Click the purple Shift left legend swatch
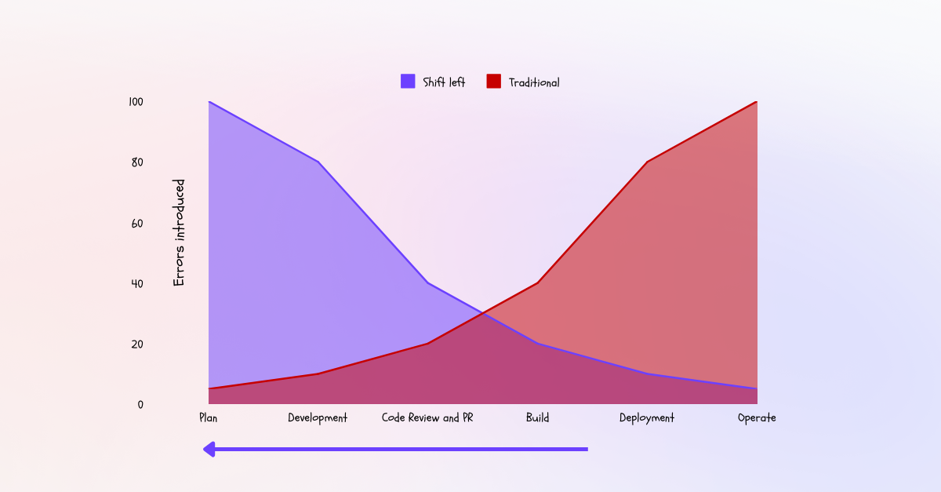[408, 81]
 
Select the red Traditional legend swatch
[493, 81]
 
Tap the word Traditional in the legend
[534, 82]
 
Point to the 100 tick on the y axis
[136, 102]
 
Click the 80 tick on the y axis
[137, 162]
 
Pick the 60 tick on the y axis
[137, 223]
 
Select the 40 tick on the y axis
[137, 283]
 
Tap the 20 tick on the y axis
[137, 344]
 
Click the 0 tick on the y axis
[140, 405]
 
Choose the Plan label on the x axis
[208, 417]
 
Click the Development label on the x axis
[318, 417]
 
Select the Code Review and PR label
[427, 417]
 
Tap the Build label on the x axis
[537, 417]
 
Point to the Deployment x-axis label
[647, 417]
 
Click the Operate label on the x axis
[757, 417]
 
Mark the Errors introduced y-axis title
[180, 232]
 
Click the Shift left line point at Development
[318, 162]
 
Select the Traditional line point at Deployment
[647, 162]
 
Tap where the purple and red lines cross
[482, 314]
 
